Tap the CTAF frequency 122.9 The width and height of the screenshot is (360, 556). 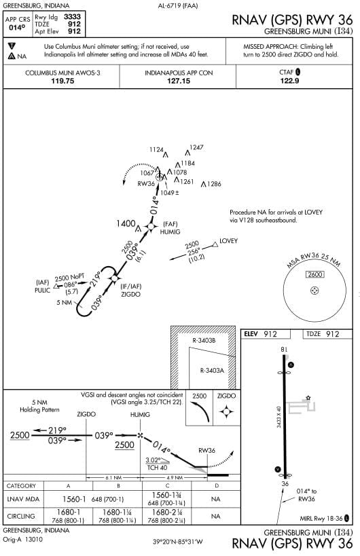pyautogui.click(x=290, y=80)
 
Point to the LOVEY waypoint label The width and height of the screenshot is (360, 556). pyautogui.click(x=229, y=241)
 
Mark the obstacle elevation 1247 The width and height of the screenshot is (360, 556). pyautogui.click(x=196, y=147)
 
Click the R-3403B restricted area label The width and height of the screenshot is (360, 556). pyautogui.click(x=204, y=339)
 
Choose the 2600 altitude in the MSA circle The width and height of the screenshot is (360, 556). pyautogui.click(x=314, y=274)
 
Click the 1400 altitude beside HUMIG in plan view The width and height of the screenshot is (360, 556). pyautogui.click(x=126, y=223)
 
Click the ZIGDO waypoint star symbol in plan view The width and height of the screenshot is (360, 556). pyautogui.click(x=114, y=278)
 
